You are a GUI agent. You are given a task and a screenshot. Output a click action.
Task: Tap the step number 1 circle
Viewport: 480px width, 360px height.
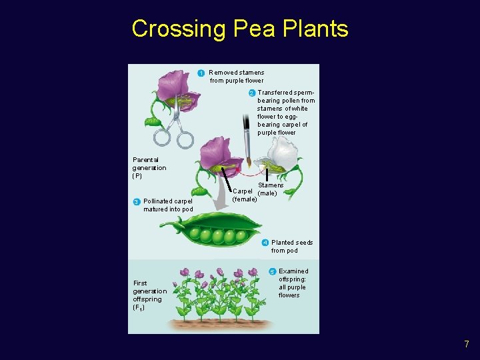point(201,73)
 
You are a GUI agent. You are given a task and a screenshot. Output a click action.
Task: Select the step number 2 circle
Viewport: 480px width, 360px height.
point(252,93)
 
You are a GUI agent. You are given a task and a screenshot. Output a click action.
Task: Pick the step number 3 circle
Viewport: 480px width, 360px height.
point(136,201)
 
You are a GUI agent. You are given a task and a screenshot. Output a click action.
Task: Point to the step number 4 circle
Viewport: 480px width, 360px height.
point(265,243)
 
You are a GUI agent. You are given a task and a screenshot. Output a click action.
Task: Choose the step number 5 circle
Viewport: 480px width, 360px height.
point(272,271)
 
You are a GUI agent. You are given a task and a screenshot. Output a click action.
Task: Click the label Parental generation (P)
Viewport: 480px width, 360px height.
point(149,168)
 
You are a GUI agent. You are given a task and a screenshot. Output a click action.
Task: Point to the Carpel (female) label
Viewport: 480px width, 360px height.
point(244,195)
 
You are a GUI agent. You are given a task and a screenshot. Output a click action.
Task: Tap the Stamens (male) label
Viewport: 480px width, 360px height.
point(270,189)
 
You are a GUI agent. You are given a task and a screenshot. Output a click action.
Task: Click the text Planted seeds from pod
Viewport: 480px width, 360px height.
point(291,247)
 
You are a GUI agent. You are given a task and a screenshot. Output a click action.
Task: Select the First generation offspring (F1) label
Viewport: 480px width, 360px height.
point(149,295)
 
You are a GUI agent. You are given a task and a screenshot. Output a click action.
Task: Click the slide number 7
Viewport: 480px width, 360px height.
point(467,344)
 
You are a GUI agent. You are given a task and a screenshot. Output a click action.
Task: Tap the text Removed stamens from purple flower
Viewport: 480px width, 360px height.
point(236,77)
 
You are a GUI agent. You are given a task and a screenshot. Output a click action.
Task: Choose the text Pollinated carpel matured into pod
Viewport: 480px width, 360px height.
point(167,205)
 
